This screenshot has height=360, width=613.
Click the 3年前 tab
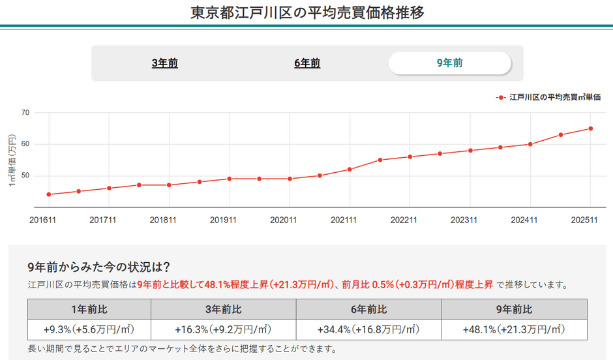coord(164,63)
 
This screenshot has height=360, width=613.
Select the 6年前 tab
coord(307,63)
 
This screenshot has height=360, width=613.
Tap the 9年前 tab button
coord(450,63)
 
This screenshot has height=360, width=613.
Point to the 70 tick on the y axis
coord(25,112)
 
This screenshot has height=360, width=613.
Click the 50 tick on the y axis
coord(25,175)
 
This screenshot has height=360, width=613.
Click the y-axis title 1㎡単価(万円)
coord(11,160)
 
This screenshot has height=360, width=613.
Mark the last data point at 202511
coord(591,128)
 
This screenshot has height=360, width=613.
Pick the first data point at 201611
coord(48,194)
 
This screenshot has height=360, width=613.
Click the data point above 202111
coord(350,170)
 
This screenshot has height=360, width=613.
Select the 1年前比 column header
coord(88,309)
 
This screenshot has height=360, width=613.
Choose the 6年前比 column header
coord(368,309)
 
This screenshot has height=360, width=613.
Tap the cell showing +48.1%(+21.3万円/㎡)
coord(515,329)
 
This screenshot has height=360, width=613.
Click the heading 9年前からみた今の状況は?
coord(99,267)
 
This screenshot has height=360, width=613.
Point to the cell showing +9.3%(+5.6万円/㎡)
coord(88,329)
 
